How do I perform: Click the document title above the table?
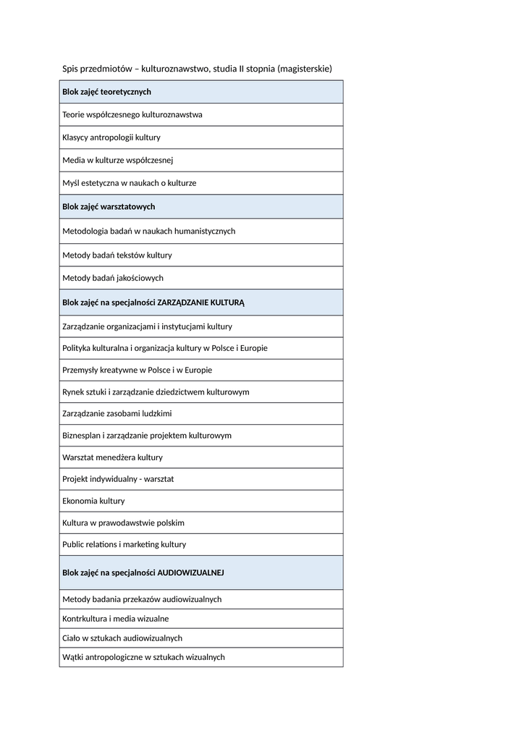tap(197, 69)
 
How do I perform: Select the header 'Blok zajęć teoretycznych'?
tap(106, 92)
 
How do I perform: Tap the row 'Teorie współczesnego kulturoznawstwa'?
tap(132, 114)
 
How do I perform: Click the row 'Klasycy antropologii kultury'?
tap(111, 137)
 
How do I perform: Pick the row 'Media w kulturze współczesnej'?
tap(118, 160)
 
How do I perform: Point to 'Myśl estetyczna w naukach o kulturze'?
tap(130, 183)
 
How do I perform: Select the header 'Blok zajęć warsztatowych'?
tap(109, 207)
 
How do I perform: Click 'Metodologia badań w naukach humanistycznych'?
tap(149, 231)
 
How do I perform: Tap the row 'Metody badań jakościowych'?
tap(113, 278)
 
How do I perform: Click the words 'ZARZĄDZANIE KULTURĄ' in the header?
tap(200, 302)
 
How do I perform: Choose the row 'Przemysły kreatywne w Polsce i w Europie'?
tap(138, 370)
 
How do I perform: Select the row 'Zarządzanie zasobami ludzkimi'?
tap(117, 413)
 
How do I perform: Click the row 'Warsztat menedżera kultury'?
tap(113, 457)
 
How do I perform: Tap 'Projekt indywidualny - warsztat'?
tap(118, 479)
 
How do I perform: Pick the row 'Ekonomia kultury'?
tap(93, 501)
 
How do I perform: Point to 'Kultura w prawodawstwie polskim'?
tap(123, 522)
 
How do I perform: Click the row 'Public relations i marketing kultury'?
tap(124, 544)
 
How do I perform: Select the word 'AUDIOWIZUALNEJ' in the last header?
tap(190, 572)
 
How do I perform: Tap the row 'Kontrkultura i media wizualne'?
tap(116, 619)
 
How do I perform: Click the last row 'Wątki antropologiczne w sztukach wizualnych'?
tap(143, 657)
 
